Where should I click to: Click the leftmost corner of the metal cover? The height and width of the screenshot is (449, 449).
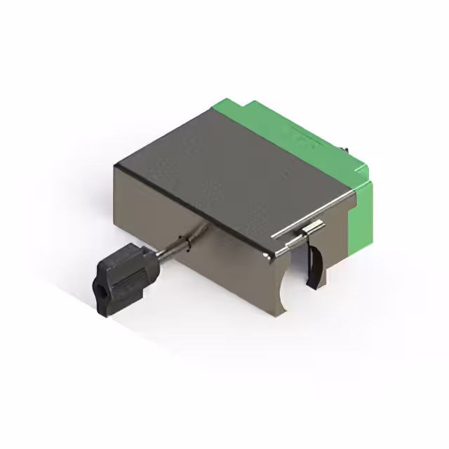coord(116,164)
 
